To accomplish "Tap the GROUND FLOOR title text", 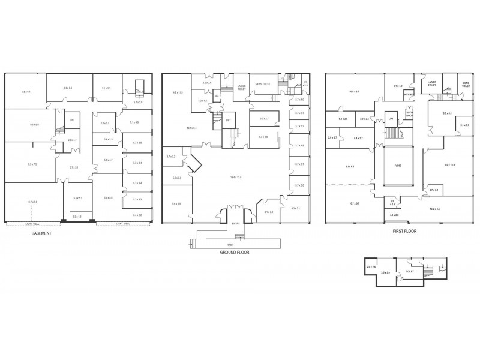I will pyautogui.click(x=234, y=253).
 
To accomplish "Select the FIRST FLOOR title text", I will pyautogui.click(x=404, y=231).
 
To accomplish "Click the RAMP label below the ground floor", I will pyautogui.click(x=231, y=244).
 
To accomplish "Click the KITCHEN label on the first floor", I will pyautogui.click(x=409, y=95).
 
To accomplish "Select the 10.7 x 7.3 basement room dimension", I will pyautogui.click(x=32, y=202).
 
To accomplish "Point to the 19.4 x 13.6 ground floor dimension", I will pyautogui.click(x=235, y=177).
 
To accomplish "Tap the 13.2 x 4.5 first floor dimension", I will pyautogui.click(x=434, y=209).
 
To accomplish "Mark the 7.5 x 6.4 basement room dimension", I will pyautogui.click(x=26, y=92).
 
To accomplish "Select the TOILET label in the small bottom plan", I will pyautogui.click(x=410, y=271).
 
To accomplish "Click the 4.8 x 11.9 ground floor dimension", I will pyautogui.click(x=177, y=92).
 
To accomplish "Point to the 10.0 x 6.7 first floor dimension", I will pyautogui.click(x=354, y=91).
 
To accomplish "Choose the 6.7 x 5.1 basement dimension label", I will pyautogui.click(x=74, y=167).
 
